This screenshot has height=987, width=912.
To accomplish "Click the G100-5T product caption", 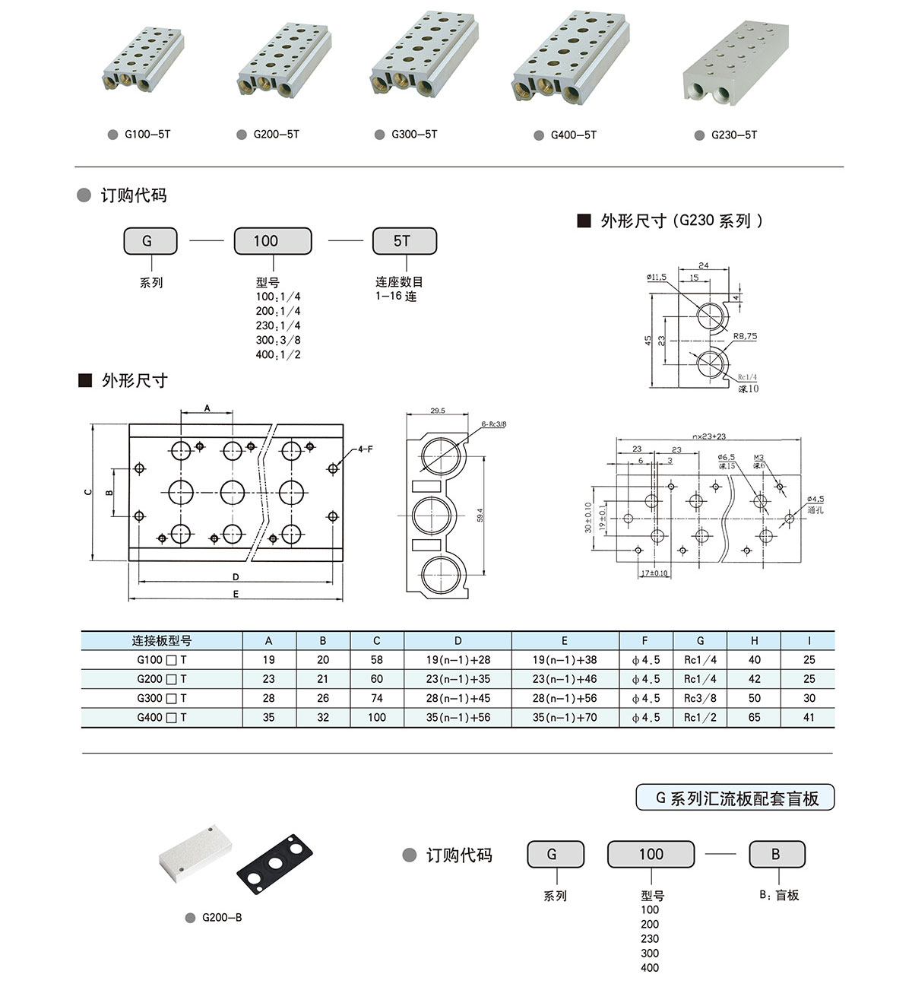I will [x=147, y=135].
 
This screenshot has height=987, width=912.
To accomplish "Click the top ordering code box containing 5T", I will [x=404, y=241].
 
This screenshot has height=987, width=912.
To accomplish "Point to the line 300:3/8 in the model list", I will [x=278, y=340].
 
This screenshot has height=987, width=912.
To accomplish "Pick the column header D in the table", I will [x=458, y=641].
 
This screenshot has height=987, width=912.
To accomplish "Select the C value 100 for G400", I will [x=376, y=717].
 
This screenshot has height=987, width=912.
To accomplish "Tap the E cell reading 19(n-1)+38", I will [x=565, y=660].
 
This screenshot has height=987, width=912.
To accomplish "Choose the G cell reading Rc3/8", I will [x=700, y=698].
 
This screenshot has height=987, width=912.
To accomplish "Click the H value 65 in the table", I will [x=754, y=717].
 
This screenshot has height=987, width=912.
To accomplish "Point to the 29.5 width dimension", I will [x=438, y=411].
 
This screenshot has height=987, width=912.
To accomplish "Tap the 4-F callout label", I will [x=366, y=449].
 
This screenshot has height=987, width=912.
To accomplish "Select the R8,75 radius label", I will [x=745, y=335].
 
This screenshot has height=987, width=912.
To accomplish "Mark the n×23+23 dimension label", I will [x=708, y=436].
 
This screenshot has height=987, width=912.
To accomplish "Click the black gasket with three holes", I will [x=274, y=862].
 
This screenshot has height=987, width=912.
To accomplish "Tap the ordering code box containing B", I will [x=776, y=854].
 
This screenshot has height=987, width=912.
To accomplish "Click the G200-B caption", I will [x=221, y=918].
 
